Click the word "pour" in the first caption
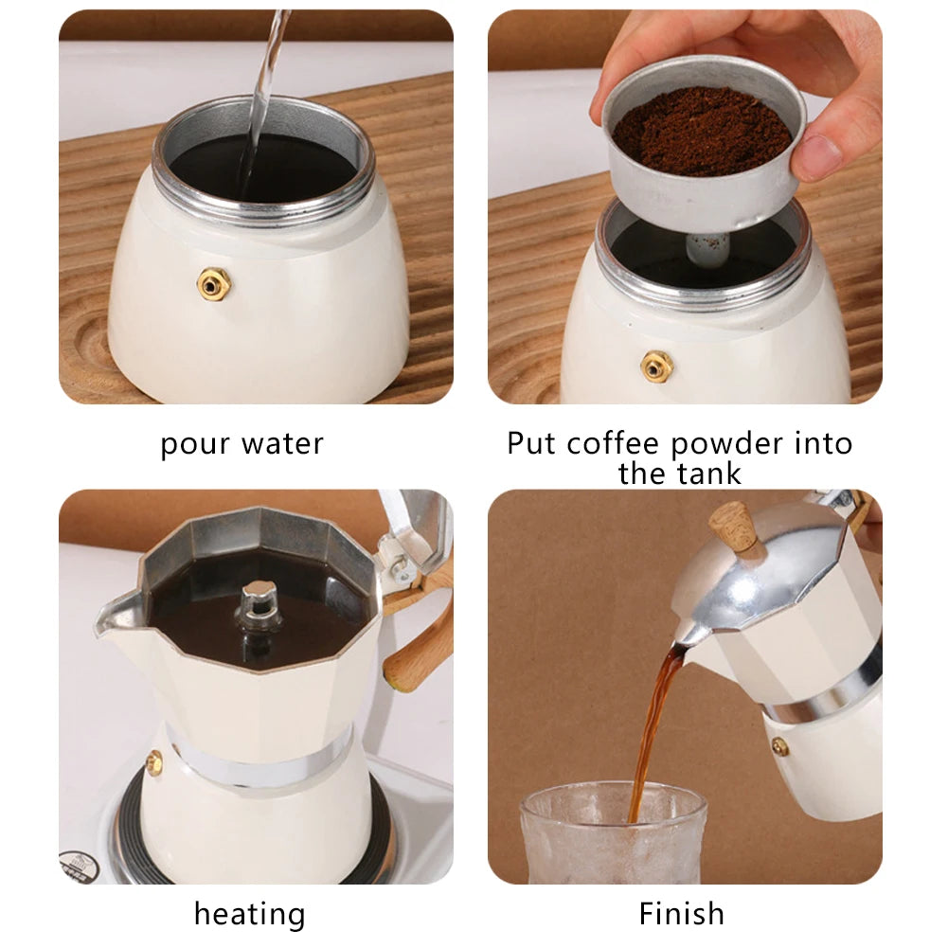click(x=195, y=445)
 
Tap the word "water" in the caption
click(x=283, y=444)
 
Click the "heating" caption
click(x=250, y=914)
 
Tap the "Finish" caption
click(x=681, y=913)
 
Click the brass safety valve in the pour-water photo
click(x=214, y=283)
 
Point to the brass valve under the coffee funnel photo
click(x=656, y=367)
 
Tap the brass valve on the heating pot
click(x=154, y=762)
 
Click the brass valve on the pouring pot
click(x=780, y=747)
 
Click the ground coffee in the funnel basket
click(x=702, y=132)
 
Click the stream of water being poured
click(x=261, y=103)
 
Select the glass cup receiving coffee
click(x=613, y=833)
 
